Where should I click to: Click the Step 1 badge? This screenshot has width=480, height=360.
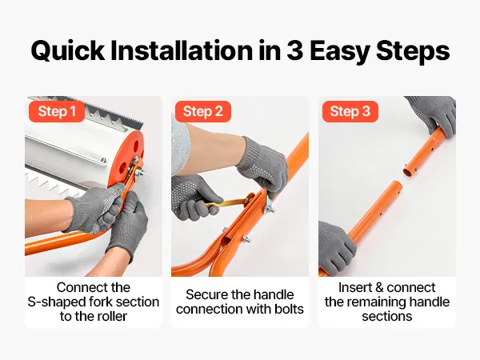click(57, 111)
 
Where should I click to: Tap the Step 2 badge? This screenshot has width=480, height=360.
click(203, 111)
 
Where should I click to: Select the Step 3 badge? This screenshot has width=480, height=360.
click(350, 111)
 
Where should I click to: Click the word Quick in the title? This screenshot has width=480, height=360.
click(68, 51)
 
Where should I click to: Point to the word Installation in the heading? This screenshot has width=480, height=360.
click(182, 50)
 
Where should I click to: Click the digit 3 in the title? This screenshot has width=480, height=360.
click(294, 50)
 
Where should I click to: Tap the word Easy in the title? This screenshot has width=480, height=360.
click(339, 51)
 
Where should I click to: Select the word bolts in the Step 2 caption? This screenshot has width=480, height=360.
click(289, 309)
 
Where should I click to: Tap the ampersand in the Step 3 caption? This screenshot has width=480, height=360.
click(379, 287)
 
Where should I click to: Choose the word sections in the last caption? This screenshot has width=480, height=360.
click(387, 316)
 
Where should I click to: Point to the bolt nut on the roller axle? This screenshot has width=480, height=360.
click(139, 172)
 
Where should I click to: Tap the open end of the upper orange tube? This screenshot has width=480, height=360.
click(408, 170)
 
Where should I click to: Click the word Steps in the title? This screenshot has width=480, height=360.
click(413, 51)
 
